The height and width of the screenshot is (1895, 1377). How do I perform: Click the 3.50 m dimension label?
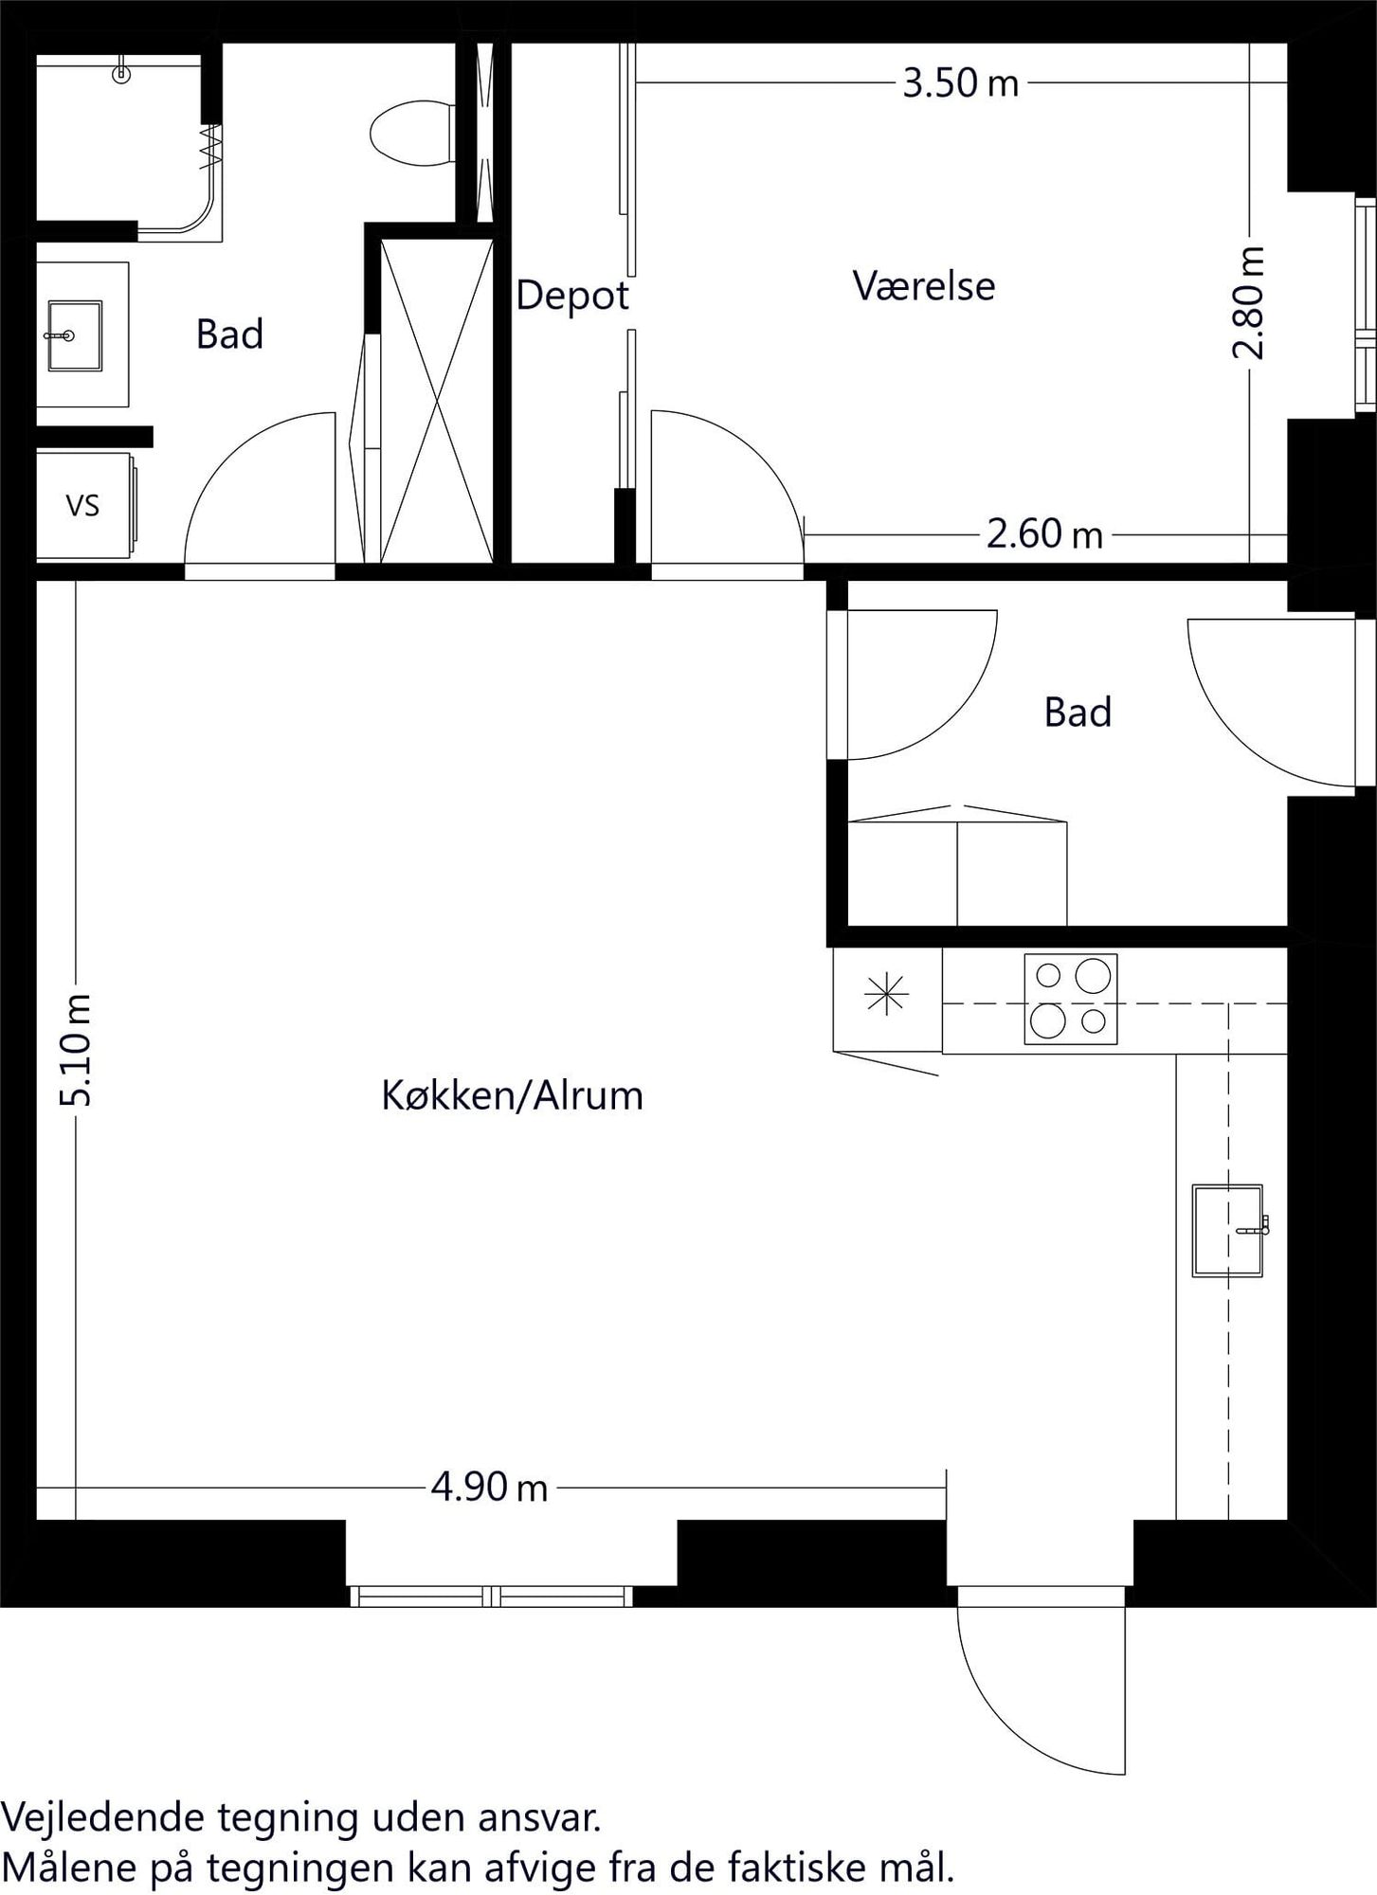(960, 83)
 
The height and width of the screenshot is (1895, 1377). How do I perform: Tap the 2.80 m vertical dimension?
(1249, 302)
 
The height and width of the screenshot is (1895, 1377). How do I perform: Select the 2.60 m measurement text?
(1044, 534)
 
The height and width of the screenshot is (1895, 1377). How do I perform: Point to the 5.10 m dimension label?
(75, 1050)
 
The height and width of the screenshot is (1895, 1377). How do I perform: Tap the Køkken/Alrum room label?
(512, 1095)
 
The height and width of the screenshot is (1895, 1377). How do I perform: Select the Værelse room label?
(924, 285)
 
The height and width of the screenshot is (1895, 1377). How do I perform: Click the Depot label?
(572, 296)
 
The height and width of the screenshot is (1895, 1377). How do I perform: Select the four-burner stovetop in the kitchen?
(1070, 999)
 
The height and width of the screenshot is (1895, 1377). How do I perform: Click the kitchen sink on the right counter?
(1228, 1231)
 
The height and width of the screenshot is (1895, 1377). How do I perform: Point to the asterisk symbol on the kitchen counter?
(886, 995)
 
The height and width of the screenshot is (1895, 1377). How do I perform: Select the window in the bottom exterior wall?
(491, 1597)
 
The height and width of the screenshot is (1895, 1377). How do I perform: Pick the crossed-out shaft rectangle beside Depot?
(437, 401)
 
